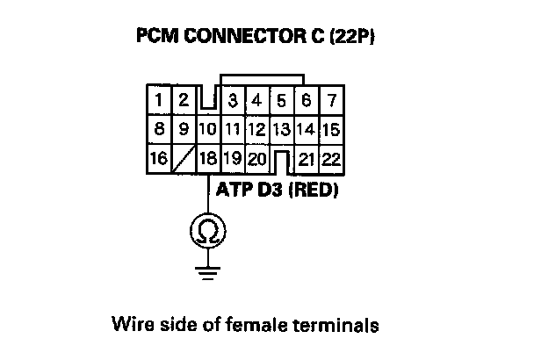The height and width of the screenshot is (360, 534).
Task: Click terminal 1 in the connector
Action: point(158,100)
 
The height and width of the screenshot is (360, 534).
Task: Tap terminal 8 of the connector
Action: point(158,130)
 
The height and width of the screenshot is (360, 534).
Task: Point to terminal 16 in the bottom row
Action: point(158,160)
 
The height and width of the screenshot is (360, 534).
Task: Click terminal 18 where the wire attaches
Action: point(207,160)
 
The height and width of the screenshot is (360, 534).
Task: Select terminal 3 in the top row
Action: point(232,100)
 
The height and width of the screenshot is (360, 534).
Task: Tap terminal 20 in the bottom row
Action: point(256,160)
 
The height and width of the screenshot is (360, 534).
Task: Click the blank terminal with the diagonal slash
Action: point(183,160)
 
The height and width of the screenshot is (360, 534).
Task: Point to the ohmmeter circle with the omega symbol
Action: point(207,231)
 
